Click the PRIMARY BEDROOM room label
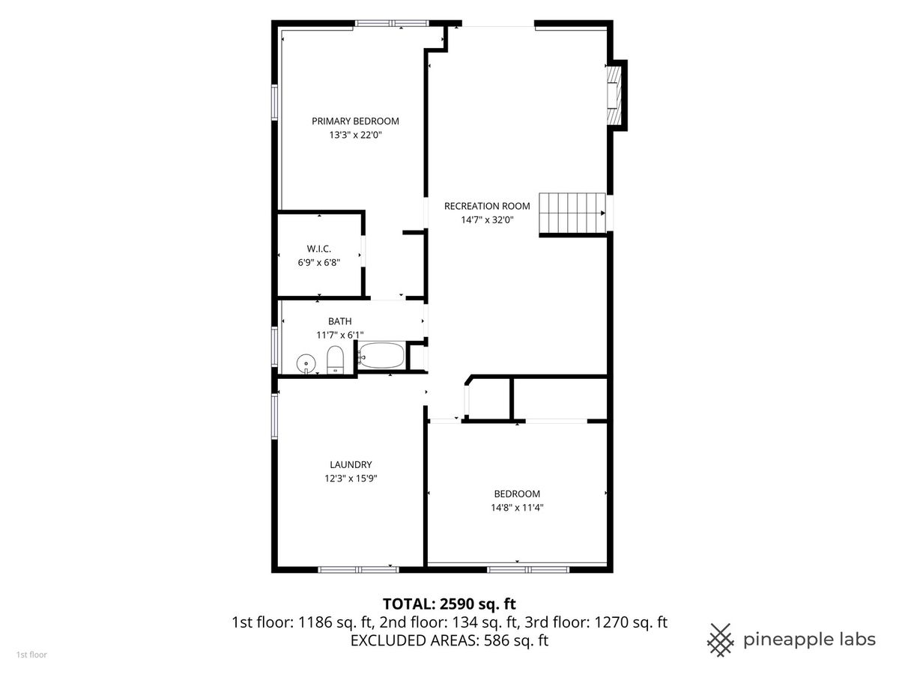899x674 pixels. [355, 121]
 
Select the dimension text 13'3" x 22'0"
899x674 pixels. [355, 135]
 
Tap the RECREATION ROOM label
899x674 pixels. [487, 206]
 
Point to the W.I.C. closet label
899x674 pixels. [318, 249]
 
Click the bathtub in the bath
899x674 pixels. [381, 355]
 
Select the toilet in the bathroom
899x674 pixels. [335, 359]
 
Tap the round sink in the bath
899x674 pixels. [306, 363]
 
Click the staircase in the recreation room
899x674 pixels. [572, 213]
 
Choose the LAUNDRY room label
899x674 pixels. [351, 464]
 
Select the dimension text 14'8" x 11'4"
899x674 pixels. [517, 508]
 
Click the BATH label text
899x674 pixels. [339, 321]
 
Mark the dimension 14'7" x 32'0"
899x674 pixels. [487, 219]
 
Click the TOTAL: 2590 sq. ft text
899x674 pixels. [449, 604]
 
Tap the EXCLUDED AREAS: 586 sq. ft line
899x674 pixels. [449, 640]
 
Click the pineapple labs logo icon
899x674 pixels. [721, 640]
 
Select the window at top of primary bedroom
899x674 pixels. [392, 23]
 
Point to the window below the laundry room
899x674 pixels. [358, 569]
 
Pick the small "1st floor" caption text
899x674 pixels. [31, 655]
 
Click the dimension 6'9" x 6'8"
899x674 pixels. [318, 263]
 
